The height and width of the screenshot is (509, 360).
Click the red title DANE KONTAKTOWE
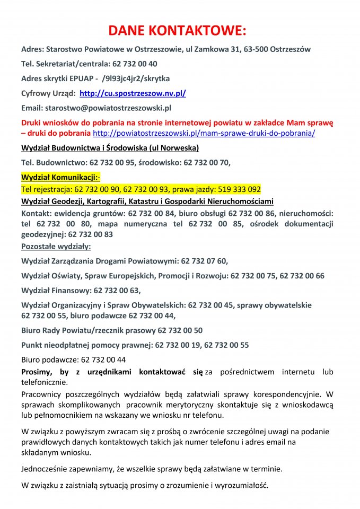pos(180,29)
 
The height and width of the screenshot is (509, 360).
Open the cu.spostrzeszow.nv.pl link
pos(133,93)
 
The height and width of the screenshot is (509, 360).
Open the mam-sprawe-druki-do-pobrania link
pos(204,133)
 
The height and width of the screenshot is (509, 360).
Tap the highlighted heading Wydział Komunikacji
pos(60,177)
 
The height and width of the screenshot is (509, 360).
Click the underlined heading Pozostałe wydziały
pos(56,247)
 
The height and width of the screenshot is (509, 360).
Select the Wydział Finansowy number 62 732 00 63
pos(117,291)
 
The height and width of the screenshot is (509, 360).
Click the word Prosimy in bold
pos(38,372)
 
